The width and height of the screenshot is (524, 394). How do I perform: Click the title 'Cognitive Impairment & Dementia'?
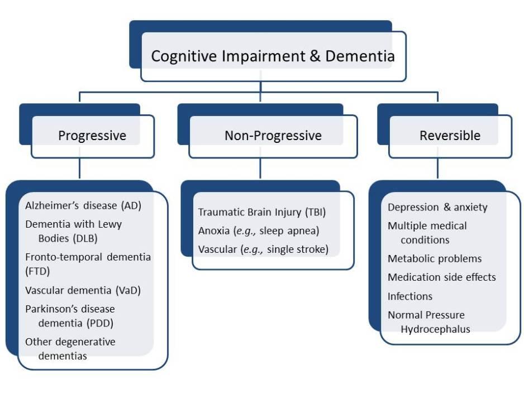pos(273,56)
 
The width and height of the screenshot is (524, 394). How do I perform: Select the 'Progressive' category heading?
pos(92,136)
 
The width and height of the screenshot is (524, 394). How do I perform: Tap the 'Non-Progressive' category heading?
pos(273,136)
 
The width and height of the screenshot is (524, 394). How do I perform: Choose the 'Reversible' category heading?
pos(450,136)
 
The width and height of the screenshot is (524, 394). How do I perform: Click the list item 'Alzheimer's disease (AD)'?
pos(83,205)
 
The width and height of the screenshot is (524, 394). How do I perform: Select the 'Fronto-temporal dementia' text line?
pos(88,257)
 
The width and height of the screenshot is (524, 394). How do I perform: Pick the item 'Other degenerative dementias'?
pos(70,342)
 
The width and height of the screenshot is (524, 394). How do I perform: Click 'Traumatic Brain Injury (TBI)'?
pos(261,212)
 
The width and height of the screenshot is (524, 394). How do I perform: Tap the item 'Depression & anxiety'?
pos(437,208)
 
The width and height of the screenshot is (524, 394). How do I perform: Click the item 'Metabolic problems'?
pos(435,259)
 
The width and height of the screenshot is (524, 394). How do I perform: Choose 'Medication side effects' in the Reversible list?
pos(441,277)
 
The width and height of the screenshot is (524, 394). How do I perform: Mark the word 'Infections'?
pos(410,296)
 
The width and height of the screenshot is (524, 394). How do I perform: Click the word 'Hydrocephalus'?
pos(435,329)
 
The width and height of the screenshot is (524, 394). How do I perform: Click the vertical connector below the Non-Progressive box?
pos(260,169)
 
